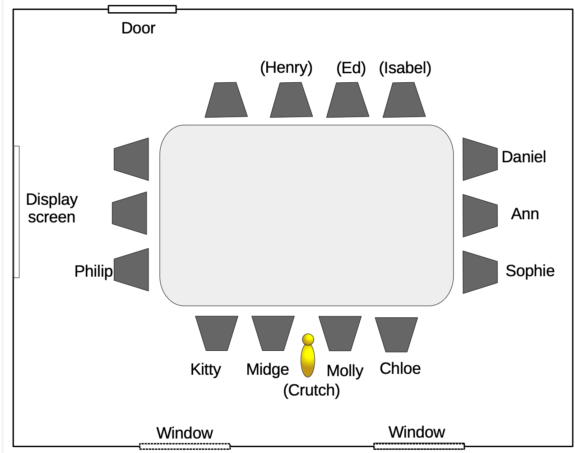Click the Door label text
[x=138, y=28]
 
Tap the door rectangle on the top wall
[x=142, y=9]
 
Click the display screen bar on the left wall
[x=17, y=212]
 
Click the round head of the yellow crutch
[x=308, y=339]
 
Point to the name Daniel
[x=524, y=157]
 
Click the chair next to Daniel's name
[x=479, y=159]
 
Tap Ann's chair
[x=479, y=216]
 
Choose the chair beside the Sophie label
[x=479, y=272]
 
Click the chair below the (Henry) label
[x=291, y=100]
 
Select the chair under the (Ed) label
[x=348, y=100]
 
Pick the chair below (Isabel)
[x=404, y=100]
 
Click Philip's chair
[x=132, y=269]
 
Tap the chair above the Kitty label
[x=217, y=333]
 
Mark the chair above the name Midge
[x=273, y=333]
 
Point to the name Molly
[x=345, y=371]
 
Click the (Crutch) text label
[x=311, y=390]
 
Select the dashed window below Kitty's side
[x=185, y=447]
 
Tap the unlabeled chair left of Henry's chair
[x=226, y=100]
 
